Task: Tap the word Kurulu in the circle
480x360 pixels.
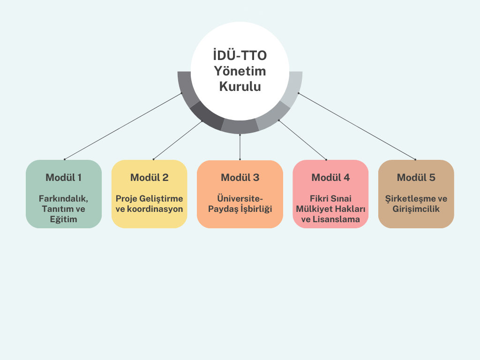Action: pos(240,87)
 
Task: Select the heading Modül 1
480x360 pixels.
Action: pos(64,178)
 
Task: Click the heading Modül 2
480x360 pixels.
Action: pos(149,178)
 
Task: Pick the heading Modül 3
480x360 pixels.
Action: pos(240,178)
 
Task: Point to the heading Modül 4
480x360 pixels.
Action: pos(330,178)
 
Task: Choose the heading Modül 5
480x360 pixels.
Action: pos(416,178)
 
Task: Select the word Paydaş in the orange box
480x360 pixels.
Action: pos(224,209)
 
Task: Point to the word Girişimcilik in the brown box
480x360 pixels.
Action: pos(416,209)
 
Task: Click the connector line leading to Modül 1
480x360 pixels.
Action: pos(123,126)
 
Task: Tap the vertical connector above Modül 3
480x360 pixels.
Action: pos(240,147)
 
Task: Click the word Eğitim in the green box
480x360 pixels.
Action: pos(64,219)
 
